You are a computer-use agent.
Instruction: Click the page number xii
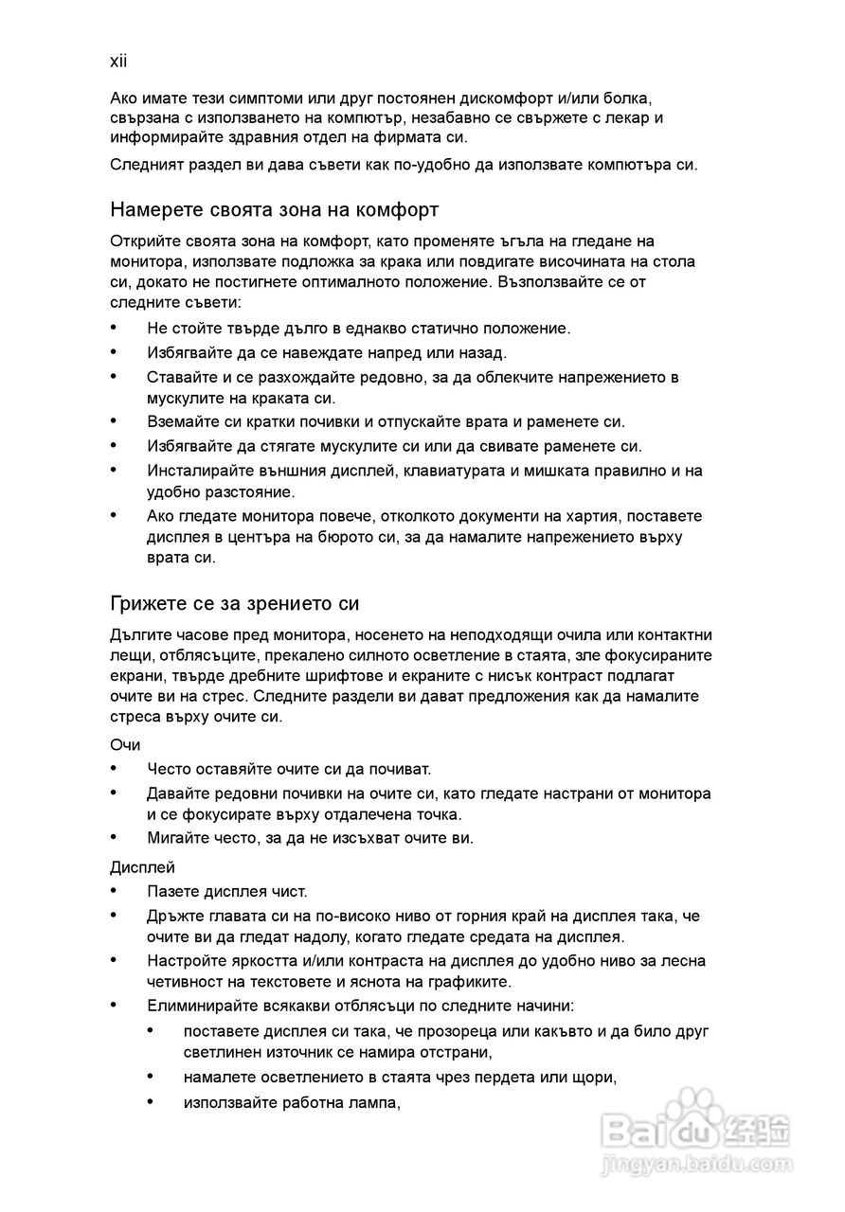click(118, 62)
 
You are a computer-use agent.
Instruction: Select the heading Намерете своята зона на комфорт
click(274, 208)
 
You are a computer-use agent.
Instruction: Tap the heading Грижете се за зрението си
click(234, 603)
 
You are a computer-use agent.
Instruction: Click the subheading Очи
click(125, 745)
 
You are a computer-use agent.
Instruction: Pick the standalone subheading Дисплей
click(142, 866)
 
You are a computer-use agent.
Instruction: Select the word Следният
click(146, 165)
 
